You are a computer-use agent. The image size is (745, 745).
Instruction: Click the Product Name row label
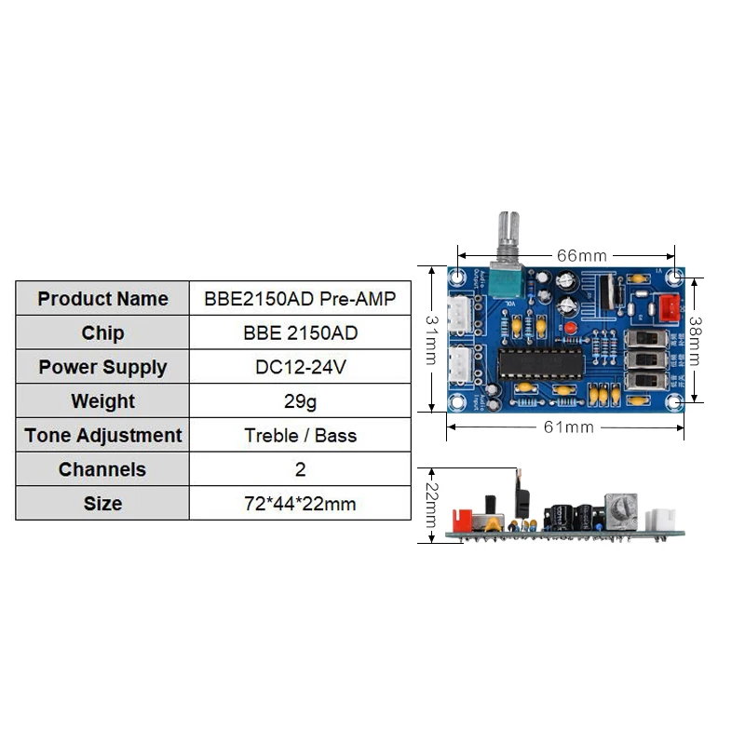click(102, 299)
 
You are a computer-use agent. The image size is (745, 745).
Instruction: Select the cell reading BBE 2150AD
click(300, 333)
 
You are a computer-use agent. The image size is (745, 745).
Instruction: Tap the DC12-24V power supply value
click(300, 367)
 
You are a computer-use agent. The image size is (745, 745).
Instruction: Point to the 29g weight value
click(300, 401)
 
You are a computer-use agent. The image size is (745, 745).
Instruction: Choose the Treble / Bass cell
click(300, 435)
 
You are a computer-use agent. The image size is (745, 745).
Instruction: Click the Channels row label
click(102, 469)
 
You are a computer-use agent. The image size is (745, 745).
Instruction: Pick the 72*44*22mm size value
click(300, 504)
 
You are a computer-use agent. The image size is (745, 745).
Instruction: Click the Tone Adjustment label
click(102, 435)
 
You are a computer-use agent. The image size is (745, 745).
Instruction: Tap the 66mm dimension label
click(581, 254)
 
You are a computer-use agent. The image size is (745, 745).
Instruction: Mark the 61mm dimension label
click(567, 427)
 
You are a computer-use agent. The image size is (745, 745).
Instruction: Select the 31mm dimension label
click(431, 339)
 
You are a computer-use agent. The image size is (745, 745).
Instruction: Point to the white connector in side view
click(665, 519)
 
